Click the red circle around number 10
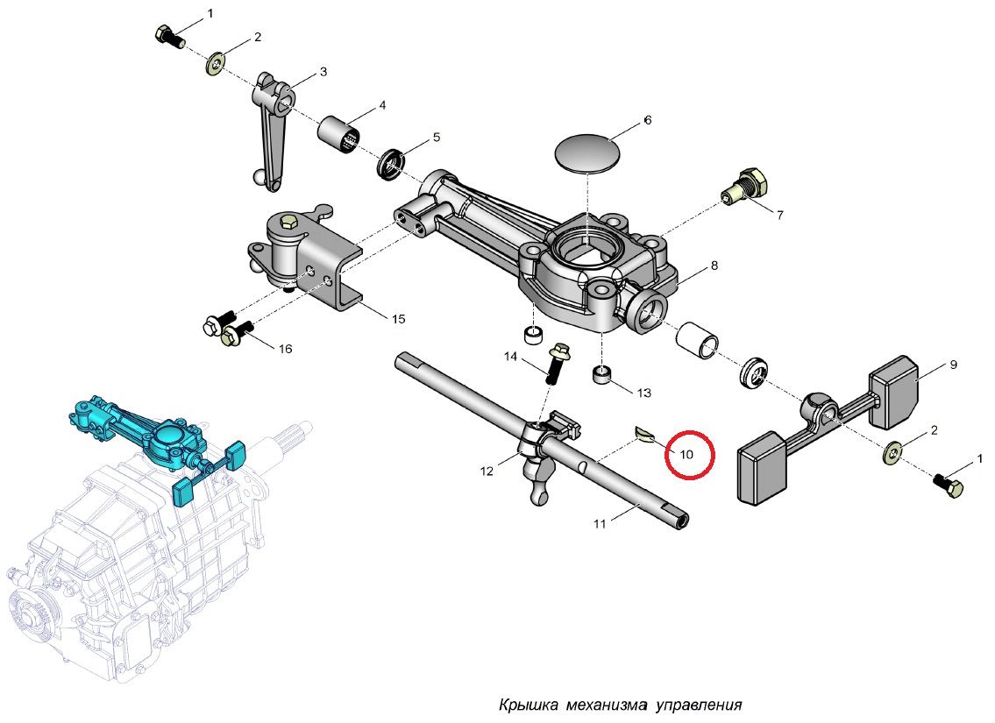(690, 455)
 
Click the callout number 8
(714, 265)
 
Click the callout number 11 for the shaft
(600, 524)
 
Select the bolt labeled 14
(556, 364)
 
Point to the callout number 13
(644, 393)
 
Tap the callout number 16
(285, 349)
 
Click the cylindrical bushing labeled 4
(338, 135)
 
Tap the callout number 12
(487, 471)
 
